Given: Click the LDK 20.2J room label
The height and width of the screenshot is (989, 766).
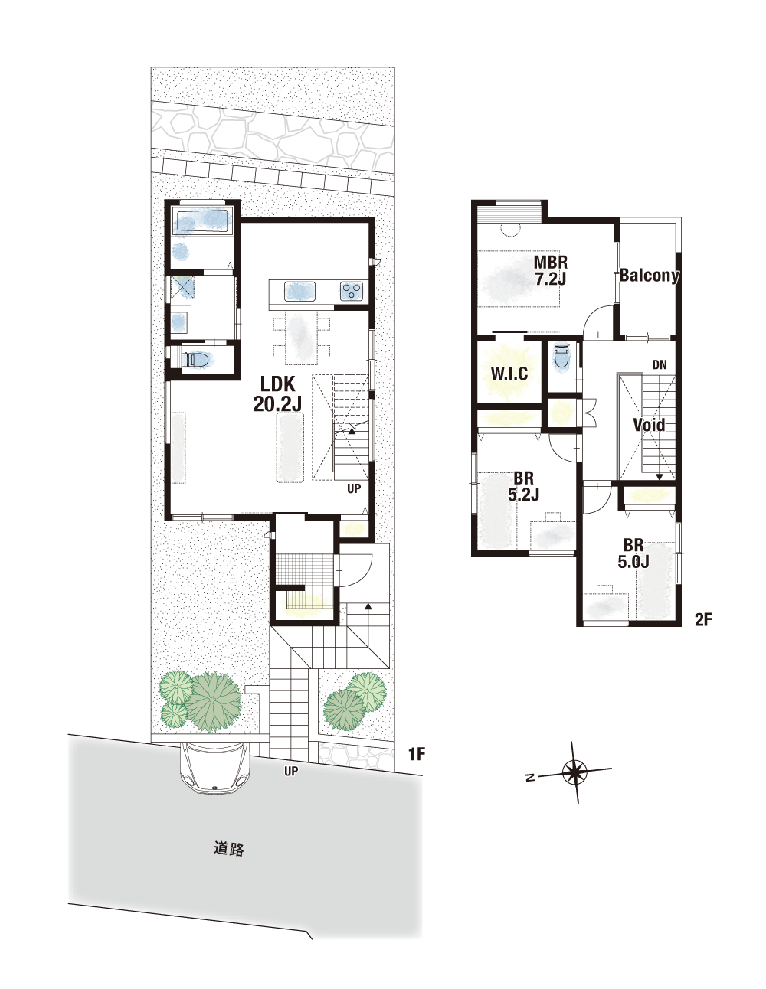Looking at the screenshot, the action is click(x=277, y=394).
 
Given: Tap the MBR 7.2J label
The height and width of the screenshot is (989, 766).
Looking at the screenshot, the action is click(x=551, y=270).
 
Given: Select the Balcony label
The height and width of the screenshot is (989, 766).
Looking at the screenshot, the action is click(x=649, y=276).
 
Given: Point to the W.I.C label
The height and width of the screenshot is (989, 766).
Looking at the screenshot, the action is click(x=509, y=374).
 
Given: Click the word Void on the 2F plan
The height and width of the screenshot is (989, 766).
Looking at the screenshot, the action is click(x=649, y=425).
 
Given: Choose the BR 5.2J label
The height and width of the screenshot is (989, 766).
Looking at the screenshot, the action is click(x=523, y=487).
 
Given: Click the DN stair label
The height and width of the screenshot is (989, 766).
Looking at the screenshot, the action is click(x=660, y=364).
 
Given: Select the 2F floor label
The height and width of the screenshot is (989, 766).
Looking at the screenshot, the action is click(x=702, y=619).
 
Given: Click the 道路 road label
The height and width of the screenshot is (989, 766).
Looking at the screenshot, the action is click(x=228, y=849).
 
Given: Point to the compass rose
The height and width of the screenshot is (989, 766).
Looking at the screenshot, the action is click(x=575, y=772).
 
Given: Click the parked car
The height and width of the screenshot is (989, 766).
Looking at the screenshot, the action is click(x=216, y=767).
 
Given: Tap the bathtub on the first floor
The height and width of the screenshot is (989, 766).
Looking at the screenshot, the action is click(x=203, y=223).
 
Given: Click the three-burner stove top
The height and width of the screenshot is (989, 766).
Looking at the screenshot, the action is click(x=352, y=291).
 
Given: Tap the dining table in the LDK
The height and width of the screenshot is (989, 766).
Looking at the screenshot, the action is click(x=301, y=338).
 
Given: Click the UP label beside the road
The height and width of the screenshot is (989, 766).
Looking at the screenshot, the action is click(x=290, y=771).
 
